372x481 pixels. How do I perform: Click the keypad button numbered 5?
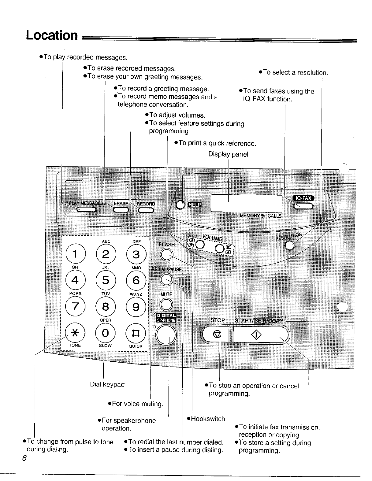[105, 280]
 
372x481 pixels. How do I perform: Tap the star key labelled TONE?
[75, 333]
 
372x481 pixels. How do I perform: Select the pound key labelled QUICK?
[136, 334]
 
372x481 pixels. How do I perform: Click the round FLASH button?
[167, 254]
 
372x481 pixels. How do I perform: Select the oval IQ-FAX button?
[303, 206]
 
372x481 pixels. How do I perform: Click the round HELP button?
[180, 205]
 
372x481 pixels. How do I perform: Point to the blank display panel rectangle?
[246, 203]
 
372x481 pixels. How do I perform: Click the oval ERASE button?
[121, 210]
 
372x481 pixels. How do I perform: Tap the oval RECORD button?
[146, 210]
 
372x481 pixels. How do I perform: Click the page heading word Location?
[52, 35]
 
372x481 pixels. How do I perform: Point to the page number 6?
[24, 458]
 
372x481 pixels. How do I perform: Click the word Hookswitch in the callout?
[208, 419]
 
